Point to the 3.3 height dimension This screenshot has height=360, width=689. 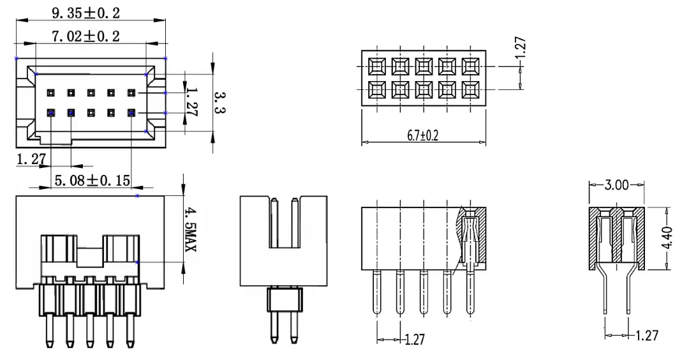(x=219, y=102)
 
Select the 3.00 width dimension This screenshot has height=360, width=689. (x=616, y=185)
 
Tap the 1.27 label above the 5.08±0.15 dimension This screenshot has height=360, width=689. (x=31, y=160)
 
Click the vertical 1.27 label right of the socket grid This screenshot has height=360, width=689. (x=520, y=49)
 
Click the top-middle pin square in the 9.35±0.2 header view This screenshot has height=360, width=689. (x=91, y=93)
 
